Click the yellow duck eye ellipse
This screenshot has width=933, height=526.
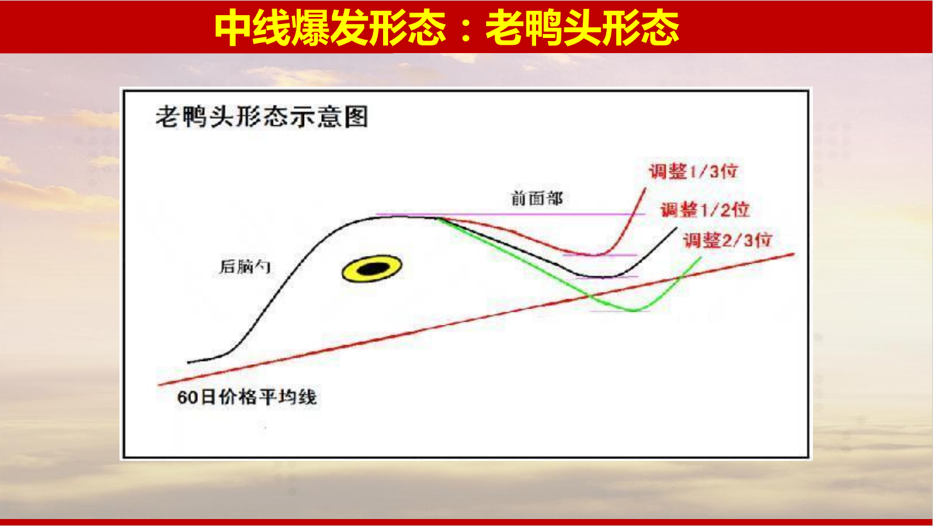pos(372,269)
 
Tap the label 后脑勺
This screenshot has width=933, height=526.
pos(245,267)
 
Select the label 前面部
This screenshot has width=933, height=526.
pos(537,199)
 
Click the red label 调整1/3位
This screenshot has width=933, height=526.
pos(693,171)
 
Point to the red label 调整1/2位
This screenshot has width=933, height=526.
pos(705,209)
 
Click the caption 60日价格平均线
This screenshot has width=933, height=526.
pos(247,397)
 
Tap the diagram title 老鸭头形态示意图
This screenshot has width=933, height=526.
pos(262,116)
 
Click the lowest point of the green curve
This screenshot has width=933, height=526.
pos(633,310)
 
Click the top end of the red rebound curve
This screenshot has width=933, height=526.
pos(645,188)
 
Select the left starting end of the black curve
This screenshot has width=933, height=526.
pos(188,362)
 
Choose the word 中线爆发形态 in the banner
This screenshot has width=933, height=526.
pos(331,27)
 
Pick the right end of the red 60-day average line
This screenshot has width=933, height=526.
pos(794,254)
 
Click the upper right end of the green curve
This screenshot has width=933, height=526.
pos(701,258)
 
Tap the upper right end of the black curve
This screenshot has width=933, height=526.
pos(676,228)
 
